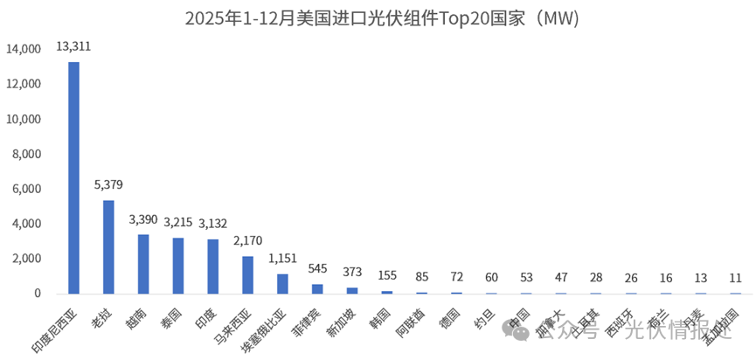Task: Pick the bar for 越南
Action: pos(143,264)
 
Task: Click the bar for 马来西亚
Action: pos(248,274)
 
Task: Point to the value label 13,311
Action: pos(74,45)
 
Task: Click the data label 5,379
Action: pos(109,184)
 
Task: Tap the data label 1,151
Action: pos(283,259)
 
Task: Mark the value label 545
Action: pos(318,269)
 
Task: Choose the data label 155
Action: pos(387,275)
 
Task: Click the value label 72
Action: pos(457,277)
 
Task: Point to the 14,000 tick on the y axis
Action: pos(24,50)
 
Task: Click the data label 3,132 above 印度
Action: pos(213,224)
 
